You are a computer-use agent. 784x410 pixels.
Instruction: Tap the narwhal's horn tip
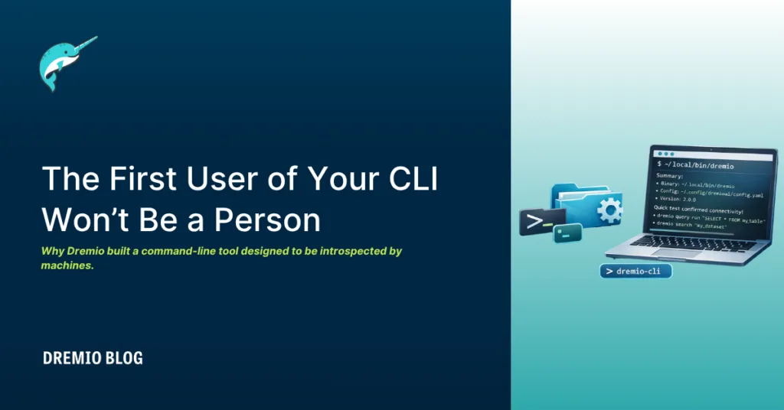coord(96,37)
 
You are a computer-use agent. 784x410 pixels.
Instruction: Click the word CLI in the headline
coord(427,178)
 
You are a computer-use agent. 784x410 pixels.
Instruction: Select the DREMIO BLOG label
coord(93,358)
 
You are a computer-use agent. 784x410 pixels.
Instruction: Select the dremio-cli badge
coord(635,272)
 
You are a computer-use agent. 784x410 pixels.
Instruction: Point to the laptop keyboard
coord(689,243)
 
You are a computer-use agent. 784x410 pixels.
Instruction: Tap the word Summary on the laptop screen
coord(670,175)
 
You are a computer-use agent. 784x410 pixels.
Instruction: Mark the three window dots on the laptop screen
coord(663,153)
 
